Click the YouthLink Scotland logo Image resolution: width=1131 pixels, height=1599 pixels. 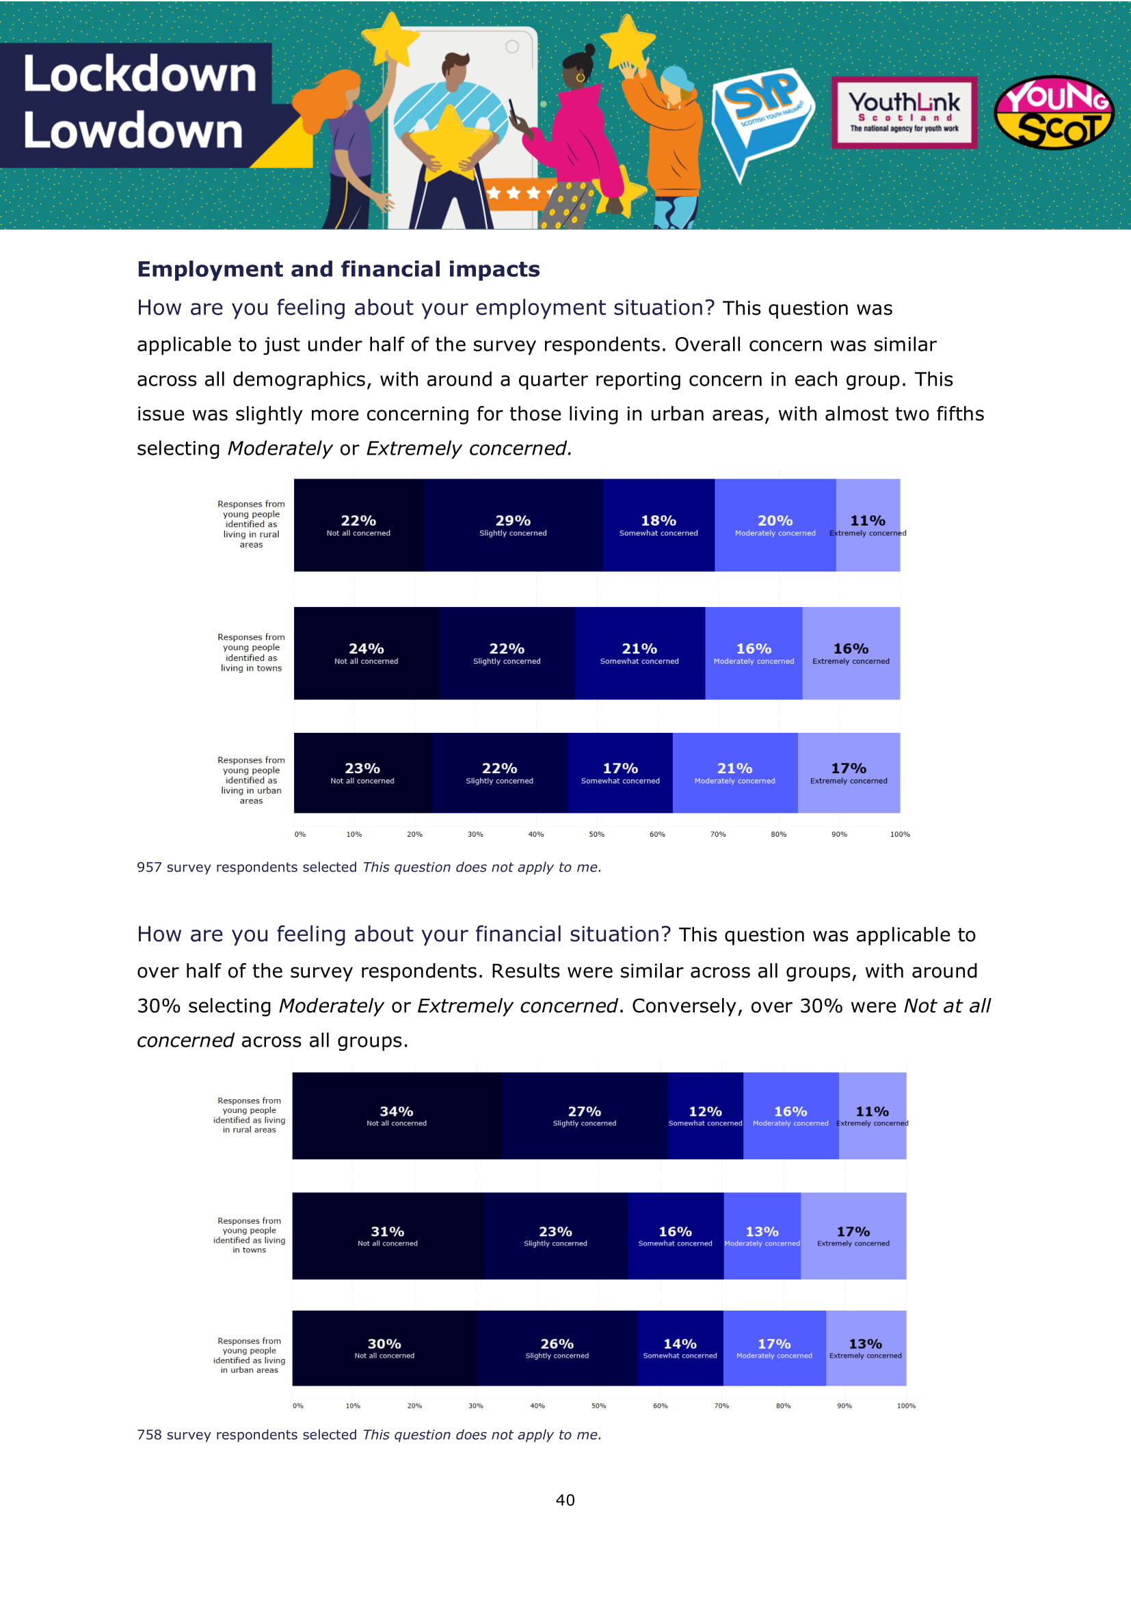[904, 112]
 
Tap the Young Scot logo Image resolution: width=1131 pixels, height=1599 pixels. [1054, 113]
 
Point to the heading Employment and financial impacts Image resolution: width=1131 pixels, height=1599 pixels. [338, 269]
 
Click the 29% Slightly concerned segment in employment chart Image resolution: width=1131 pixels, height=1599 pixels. [513, 525]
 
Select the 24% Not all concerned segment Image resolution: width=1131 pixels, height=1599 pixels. [366, 654]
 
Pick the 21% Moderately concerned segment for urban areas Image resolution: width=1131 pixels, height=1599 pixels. [734, 772]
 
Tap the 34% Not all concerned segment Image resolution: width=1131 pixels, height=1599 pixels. [397, 1116]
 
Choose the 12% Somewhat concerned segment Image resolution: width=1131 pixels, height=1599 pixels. [705, 1116]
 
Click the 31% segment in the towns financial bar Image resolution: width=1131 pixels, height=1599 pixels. [387, 1235]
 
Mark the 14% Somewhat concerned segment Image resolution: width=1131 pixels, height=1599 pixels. [680, 1348]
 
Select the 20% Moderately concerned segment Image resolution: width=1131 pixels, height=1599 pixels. [775, 525]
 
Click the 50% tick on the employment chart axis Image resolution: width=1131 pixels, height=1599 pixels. [596, 834]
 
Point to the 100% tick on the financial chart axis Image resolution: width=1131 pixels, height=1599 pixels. [905, 1406]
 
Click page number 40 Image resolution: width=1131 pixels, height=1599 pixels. [565, 1500]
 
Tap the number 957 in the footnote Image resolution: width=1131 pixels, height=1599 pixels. [149, 867]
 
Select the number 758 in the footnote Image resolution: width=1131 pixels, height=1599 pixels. [149, 1435]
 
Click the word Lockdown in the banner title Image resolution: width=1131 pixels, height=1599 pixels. [140, 74]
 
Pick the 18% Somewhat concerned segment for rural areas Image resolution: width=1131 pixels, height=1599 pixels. [658, 525]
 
